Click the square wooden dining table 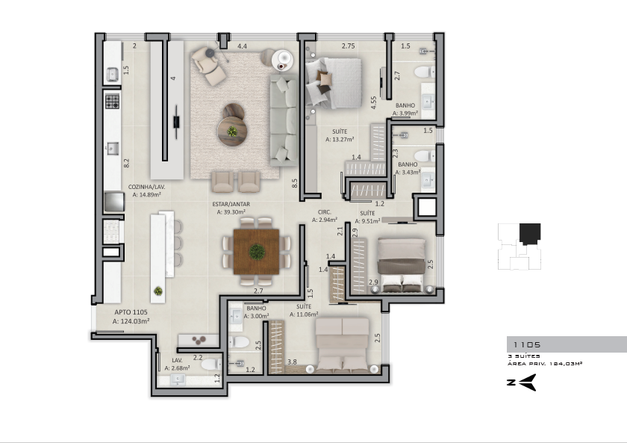pos(256,251)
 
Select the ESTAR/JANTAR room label pos(231,204)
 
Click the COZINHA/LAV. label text pos(146,187)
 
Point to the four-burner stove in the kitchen pos(113,102)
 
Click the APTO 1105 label pos(131,312)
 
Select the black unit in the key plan pos(530,234)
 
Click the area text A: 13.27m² pos(340,140)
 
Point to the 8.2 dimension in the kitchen pos(126,163)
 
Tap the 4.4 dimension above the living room pos(242,46)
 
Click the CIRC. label pos(324,212)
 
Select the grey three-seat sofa pos(284,120)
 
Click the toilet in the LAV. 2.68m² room pos(211,364)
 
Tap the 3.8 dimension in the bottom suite pos(292,362)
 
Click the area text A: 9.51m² pos(367,221)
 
